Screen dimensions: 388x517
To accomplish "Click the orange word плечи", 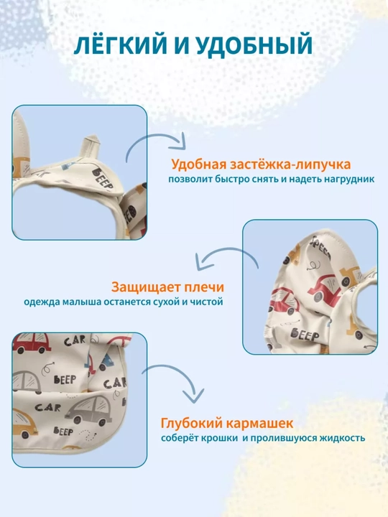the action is pyautogui.click(x=204, y=287).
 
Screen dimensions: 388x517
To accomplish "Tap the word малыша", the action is pyautogui.click(x=83, y=302).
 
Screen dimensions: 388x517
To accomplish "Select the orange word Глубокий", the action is pyautogui.click(x=190, y=424).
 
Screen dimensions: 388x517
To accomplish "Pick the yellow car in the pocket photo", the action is pyautogui.click(x=24, y=424).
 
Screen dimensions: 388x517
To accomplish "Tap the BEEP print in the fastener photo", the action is pyautogui.click(x=103, y=179).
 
